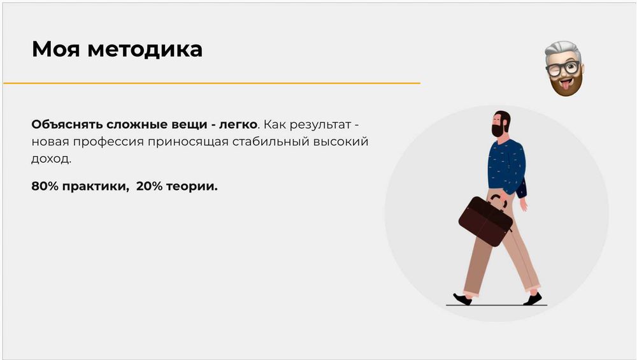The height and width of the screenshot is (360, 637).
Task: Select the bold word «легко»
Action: point(238,123)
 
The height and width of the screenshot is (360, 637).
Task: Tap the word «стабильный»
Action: point(276,141)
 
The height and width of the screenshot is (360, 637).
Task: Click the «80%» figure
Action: point(45,187)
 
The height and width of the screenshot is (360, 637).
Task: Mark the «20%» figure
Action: point(150,187)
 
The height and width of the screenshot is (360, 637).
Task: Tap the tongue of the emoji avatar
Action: point(564,85)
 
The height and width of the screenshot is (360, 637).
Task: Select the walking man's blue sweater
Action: point(507,166)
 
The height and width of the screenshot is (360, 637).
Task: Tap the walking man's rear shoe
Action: point(462,298)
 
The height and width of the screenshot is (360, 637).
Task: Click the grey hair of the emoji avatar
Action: point(562,49)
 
